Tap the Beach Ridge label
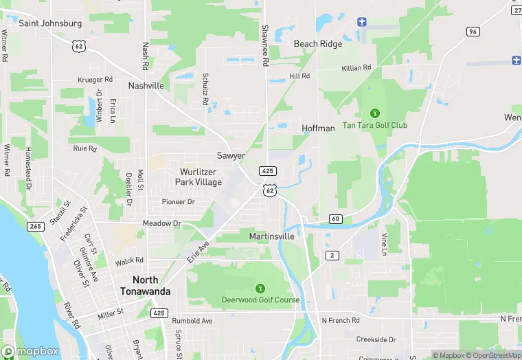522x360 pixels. click(x=317, y=43)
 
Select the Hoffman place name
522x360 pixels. click(x=318, y=128)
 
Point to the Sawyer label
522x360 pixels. click(x=231, y=156)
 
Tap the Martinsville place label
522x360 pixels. click(x=271, y=236)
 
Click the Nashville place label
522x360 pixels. click(x=146, y=86)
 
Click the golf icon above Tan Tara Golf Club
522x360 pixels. click(x=375, y=113)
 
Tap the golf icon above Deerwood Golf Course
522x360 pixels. click(x=260, y=289)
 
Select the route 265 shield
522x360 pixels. click(x=36, y=226)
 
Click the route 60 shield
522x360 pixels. click(x=335, y=219)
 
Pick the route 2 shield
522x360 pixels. click(x=332, y=256)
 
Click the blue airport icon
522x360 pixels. click(x=363, y=21)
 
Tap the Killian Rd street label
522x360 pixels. click(x=356, y=68)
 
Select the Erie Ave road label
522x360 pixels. click(x=198, y=252)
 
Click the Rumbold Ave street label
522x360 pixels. click(x=192, y=321)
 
